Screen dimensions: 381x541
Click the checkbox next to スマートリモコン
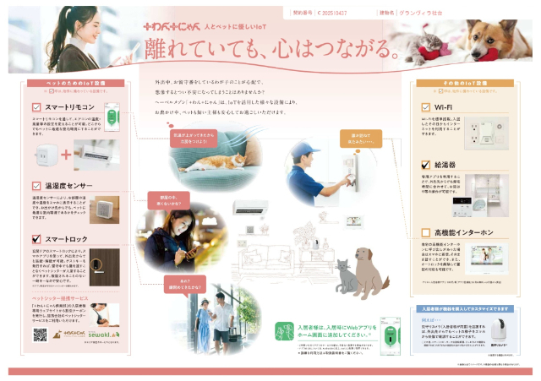click(x=36, y=107)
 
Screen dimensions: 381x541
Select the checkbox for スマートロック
click(x=36, y=239)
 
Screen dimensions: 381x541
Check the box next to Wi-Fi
click(x=426, y=107)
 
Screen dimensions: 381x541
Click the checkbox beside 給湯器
click(x=426, y=165)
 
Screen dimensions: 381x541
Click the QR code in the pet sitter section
click(x=39, y=335)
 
